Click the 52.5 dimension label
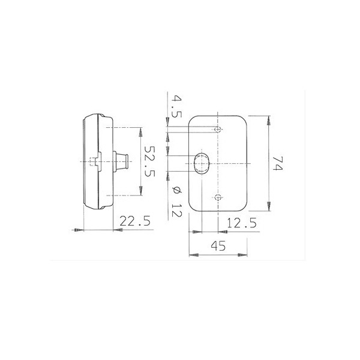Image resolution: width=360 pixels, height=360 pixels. coord(149,161)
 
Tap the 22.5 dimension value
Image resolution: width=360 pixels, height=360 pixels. coord(135,221)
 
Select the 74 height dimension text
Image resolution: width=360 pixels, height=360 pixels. coord(278,163)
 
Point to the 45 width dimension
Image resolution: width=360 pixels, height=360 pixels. coord(218,246)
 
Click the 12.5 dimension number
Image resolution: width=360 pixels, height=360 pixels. coord(242,223)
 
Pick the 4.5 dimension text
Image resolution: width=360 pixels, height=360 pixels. coord(176,107)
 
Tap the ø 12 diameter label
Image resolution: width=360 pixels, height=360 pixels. coord(176,202)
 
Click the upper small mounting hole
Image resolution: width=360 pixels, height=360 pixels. coord(218,130)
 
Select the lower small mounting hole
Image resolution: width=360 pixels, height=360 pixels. coord(218,197)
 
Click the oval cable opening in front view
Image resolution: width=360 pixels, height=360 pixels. coord(202,163)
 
